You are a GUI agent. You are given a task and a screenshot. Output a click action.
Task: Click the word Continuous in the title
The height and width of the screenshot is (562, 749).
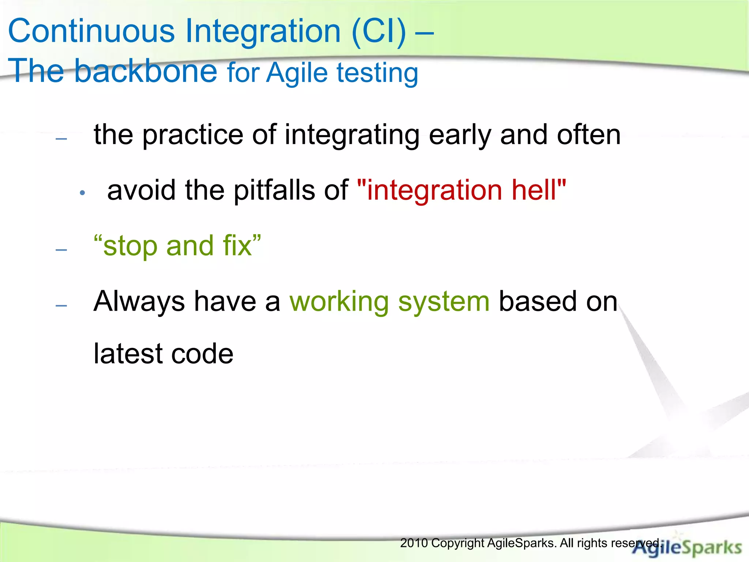[x=91, y=31]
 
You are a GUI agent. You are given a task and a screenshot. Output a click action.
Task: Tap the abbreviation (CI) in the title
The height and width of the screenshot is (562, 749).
[x=379, y=31]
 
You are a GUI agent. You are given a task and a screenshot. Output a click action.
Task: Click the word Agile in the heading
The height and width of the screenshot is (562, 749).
[x=297, y=73]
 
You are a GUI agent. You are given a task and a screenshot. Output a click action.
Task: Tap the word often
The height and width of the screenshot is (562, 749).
[x=588, y=135]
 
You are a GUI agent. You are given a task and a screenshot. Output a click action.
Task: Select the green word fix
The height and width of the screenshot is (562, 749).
[x=238, y=246]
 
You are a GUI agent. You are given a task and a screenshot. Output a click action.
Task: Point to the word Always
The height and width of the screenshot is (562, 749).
[x=139, y=302]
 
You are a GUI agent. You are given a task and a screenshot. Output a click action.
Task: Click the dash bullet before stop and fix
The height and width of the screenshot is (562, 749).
[x=61, y=250]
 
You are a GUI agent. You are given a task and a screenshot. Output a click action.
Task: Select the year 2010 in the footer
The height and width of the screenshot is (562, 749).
[x=414, y=543]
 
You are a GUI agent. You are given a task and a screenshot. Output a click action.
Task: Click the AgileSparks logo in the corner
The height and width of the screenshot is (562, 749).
[x=688, y=547]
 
